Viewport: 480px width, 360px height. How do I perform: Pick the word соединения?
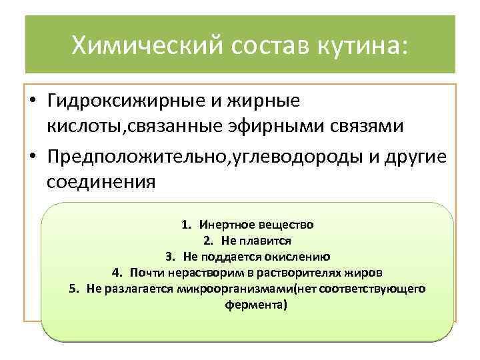click(x=100, y=180)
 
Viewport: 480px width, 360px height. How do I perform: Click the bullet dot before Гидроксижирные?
click(x=33, y=102)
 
